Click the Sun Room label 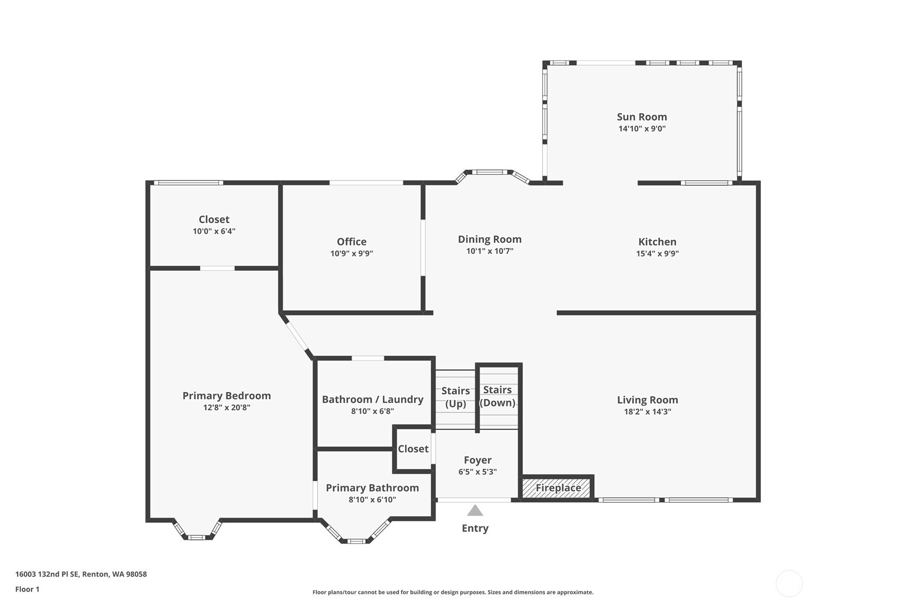(x=642, y=117)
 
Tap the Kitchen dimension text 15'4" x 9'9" (x=657, y=254)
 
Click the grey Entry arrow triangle (x=475, y=511)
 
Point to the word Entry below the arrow (x=475, y=528)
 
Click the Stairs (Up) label (x=455, y=397)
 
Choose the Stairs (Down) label (x=498, y=396)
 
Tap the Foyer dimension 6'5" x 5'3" (x=478, y=472)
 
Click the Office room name (x=351, y=241)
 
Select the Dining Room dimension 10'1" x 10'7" (x=490, y=251)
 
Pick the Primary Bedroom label (x=226, y=396)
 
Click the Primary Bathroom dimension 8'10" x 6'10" (x=372, y=500)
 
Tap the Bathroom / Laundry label (x=373, y=399)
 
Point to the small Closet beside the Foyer (x=413, y=449)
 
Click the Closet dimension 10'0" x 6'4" (x=214, y=231)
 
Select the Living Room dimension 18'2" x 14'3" (x=648, y=412)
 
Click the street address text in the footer (x=81, y=574)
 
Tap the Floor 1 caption (x=27, y=590)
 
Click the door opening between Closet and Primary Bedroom (x=217, y=268)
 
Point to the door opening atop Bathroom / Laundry (x=368, y=358)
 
